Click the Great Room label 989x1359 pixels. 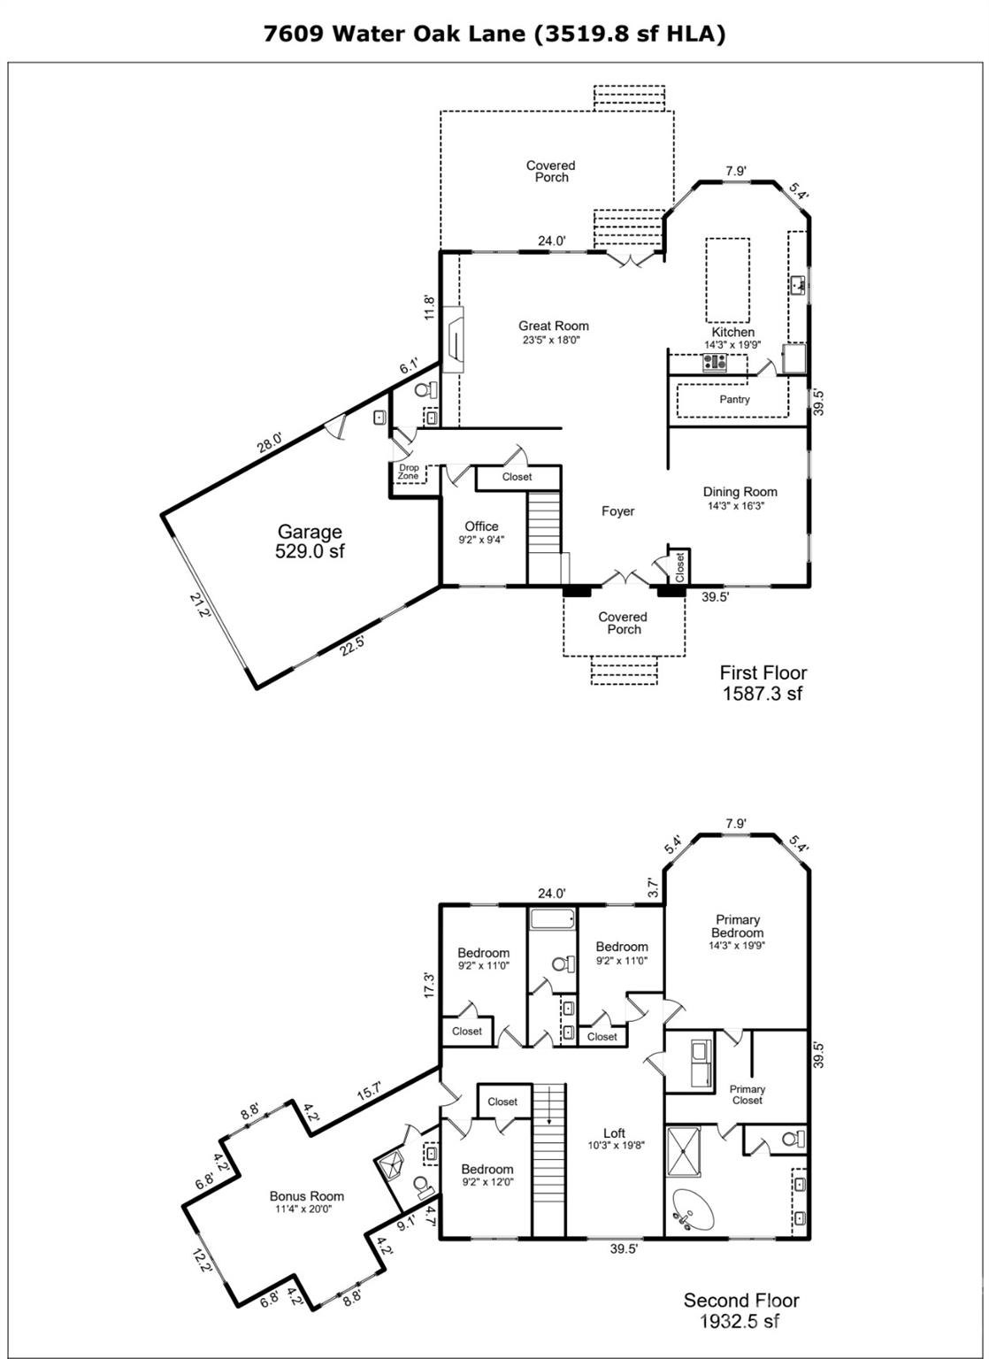[553, 326]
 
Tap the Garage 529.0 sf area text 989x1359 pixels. [310, 541]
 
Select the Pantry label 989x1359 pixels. [734, 399]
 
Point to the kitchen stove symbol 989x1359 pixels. [715, 363]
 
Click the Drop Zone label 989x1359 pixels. [409, 472]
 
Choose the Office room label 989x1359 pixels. [482, 526]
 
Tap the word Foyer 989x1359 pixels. [617, 511]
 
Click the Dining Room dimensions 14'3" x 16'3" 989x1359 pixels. [735, 505]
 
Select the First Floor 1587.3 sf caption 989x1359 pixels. [763, 682]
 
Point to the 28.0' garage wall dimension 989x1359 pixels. [270, 441]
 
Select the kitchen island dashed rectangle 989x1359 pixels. [727, 280]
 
